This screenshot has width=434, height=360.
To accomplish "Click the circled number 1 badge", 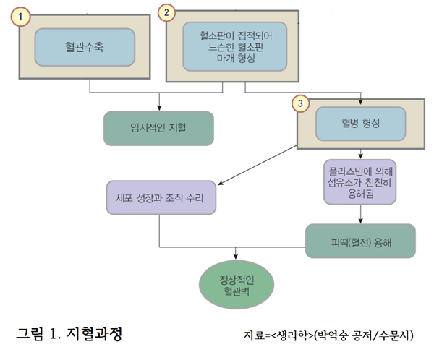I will click(23, 15).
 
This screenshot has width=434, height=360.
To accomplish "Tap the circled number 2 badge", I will click(167, 13).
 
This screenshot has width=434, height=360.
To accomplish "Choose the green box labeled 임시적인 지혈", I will click(158, 128).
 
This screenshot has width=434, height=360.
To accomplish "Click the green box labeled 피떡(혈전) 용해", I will click(360, 241).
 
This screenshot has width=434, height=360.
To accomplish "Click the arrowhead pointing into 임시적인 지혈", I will click(158, 107).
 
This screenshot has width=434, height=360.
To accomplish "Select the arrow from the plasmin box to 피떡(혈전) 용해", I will click(359, 214).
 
